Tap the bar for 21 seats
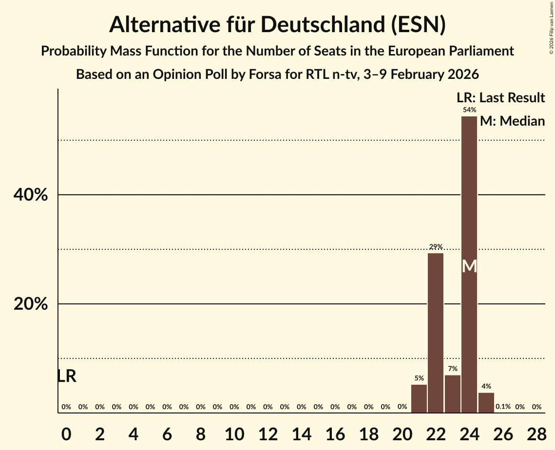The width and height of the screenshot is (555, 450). [419, 398]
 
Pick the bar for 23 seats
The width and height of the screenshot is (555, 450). [453, 394]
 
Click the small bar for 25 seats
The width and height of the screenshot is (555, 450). [486, 402]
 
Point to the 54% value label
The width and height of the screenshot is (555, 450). [469, 110]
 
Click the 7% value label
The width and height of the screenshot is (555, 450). [453, 369]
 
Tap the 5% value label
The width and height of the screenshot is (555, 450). [419, 378]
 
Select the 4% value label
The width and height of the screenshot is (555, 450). [486, 386]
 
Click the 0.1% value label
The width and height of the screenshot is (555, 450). [503, 407]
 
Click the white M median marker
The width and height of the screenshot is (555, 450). [469, 266]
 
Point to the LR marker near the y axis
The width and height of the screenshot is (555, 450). [67, 376]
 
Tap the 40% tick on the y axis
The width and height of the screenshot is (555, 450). [30, 195]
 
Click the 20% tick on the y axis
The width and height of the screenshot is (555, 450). [30, 304]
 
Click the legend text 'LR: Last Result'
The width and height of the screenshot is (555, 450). [500, 98]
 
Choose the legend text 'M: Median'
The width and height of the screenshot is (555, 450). [512, 121]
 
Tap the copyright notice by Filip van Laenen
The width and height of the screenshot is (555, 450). [552, 27]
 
